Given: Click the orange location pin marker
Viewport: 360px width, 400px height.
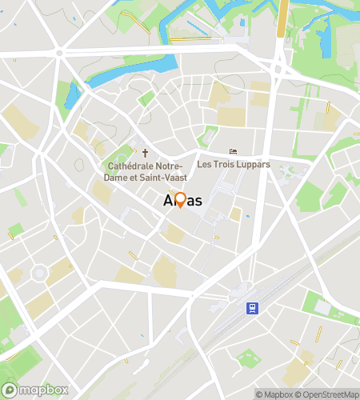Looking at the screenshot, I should pos(180,200).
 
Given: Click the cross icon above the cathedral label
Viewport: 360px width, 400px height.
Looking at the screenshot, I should pos(145,152).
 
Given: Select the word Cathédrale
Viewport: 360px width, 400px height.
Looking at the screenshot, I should pos(135,166).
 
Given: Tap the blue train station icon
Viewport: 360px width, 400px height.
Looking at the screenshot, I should pos(253,307).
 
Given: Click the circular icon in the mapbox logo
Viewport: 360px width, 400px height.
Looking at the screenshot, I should pos(10,391).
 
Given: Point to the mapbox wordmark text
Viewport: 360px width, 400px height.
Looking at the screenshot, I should pos(43,391).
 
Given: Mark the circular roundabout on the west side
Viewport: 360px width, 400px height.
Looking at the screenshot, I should pos(38,274).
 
